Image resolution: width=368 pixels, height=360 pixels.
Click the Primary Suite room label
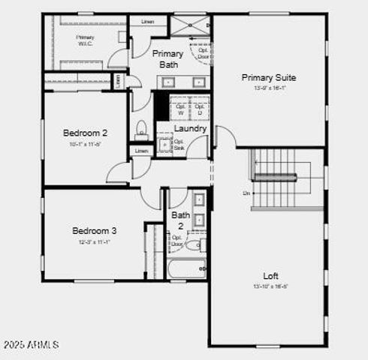point(268,77)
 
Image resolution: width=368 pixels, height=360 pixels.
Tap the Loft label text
point(270,275)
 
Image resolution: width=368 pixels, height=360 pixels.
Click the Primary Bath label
point(167,59)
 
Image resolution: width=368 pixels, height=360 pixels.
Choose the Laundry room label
point(190,128)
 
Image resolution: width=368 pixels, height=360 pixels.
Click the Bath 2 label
point(181,220)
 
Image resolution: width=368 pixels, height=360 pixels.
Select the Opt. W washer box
point(180,109)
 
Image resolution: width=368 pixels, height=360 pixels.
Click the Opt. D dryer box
point(199,109)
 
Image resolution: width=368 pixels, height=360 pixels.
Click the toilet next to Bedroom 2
point(141,130)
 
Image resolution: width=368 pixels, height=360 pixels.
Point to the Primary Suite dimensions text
point(268,88)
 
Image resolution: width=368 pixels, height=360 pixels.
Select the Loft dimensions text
point(270,286)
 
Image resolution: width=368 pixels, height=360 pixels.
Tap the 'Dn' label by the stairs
point(246,193)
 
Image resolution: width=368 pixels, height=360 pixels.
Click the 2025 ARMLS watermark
point(31,345)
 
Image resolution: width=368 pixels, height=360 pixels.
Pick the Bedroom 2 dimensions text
point(85,145)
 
